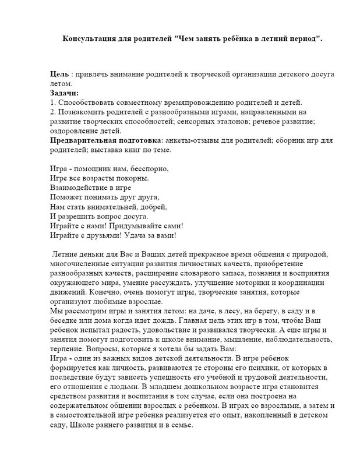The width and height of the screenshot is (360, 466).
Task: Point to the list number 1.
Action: [52, 103]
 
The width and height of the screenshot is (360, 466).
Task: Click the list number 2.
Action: [52, 112]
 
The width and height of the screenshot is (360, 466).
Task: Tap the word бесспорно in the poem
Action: [149, 169]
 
